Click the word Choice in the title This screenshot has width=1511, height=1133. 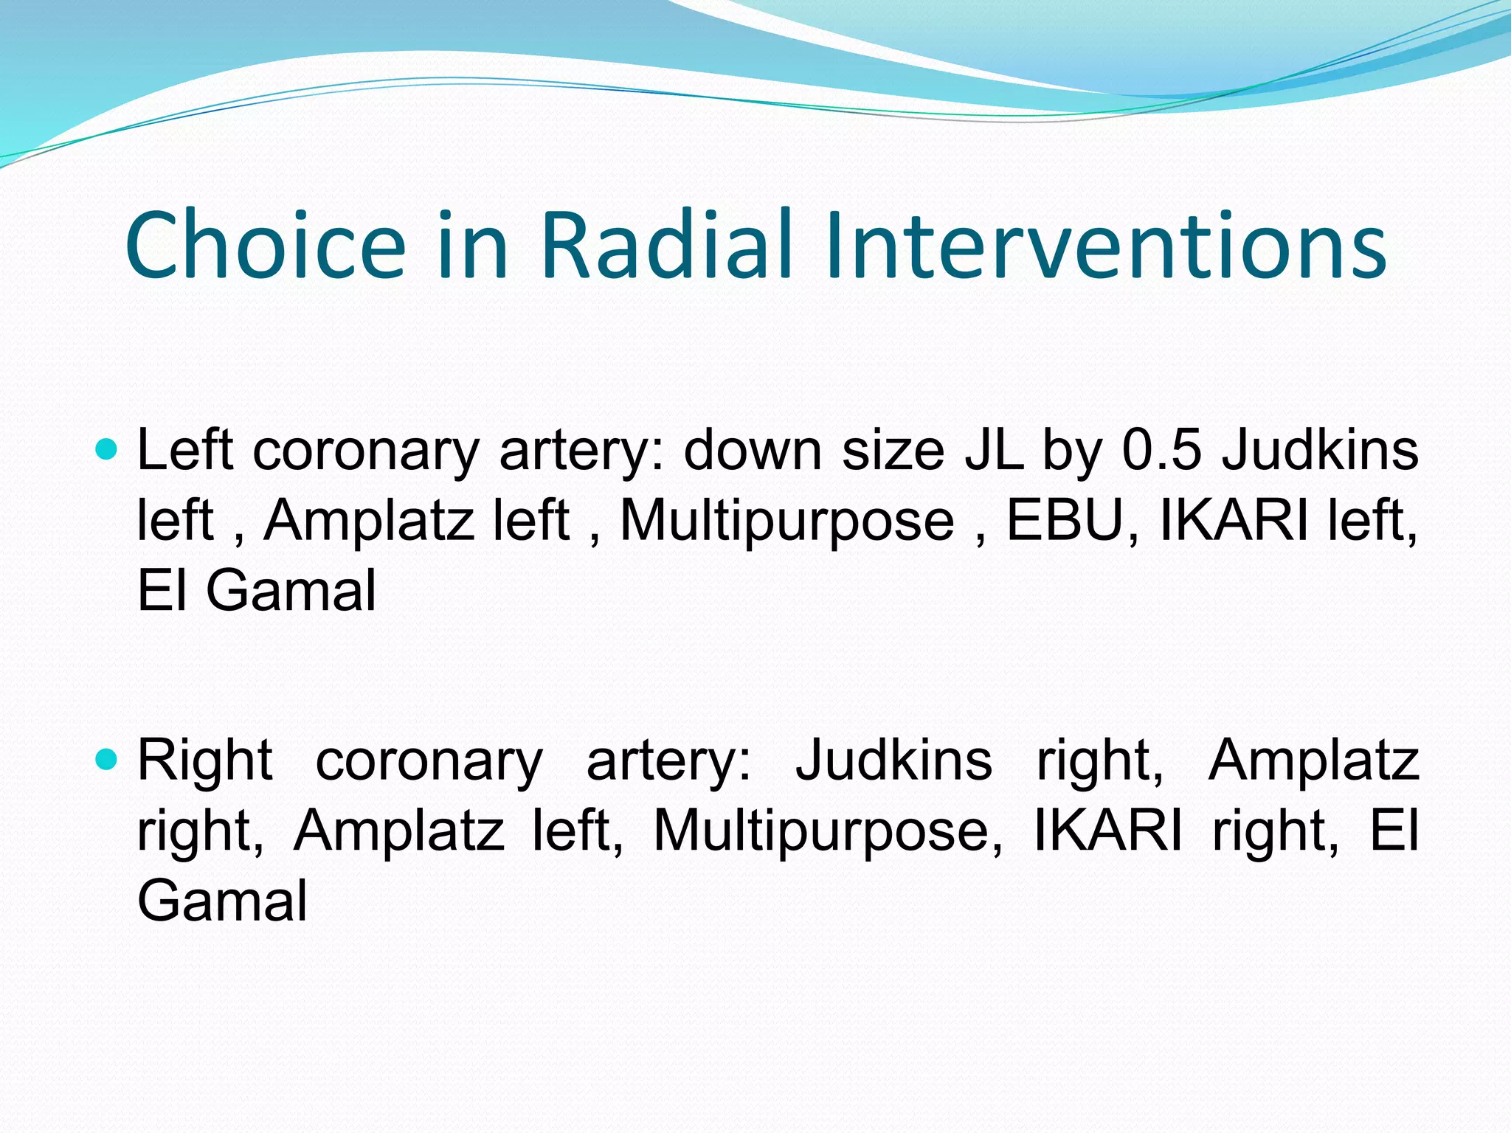[x=266, y=246]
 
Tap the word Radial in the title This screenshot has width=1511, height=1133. [x=667, y=246]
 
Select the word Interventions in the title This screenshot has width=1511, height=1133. [x=1105, y=246]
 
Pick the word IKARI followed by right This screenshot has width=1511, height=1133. [x=1107, y=830]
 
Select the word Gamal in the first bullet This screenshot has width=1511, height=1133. [x=291, y=590]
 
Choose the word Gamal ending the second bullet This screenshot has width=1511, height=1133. [x=222, y=900]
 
